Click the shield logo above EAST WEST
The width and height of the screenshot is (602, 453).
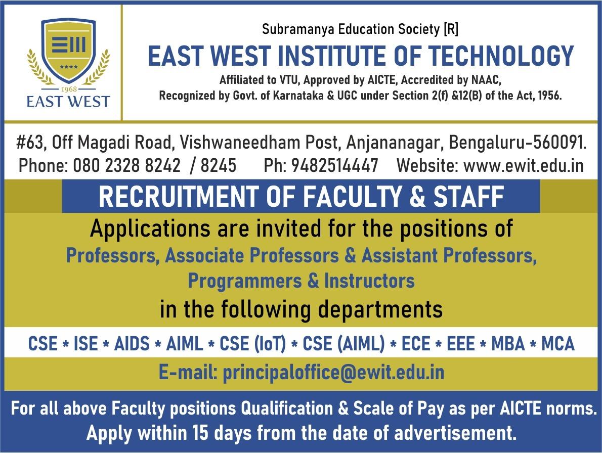68,51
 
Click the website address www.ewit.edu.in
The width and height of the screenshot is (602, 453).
523,165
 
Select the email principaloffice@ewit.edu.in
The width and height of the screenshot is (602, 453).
333,373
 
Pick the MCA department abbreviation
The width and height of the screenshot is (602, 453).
557,344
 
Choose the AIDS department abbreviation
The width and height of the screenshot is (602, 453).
132,344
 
